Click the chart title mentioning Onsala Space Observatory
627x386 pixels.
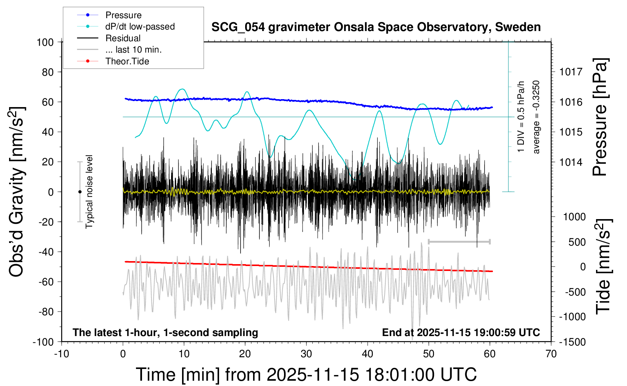click(x=376, y=27)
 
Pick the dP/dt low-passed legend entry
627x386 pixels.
click(x=140, y=26)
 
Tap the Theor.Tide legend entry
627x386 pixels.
click(x=127, y=61)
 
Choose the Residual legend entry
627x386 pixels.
click(x=123, y=38)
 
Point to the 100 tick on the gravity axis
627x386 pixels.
click(x=45, y=42)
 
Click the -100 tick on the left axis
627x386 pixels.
click(x=43, y=342)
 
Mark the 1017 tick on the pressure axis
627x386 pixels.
click(x=571, y=72)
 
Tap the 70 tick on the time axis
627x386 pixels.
click(x=551, y=354)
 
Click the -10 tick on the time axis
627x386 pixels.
click(x=62, y=354)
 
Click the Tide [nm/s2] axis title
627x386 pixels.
click(x=603, y=267)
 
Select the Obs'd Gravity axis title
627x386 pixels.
click(x=17, y=192)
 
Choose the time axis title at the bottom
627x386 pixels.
click(x=306, y=375)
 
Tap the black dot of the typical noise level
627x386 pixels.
click(x=80, y=192)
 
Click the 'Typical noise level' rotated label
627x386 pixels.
click(x=89, y=192)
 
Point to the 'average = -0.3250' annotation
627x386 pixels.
click(x=536, y=117)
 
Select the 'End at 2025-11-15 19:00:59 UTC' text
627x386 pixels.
click(x=461, y=333)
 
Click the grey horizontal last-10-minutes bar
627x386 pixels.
click(x=459, y=241)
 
